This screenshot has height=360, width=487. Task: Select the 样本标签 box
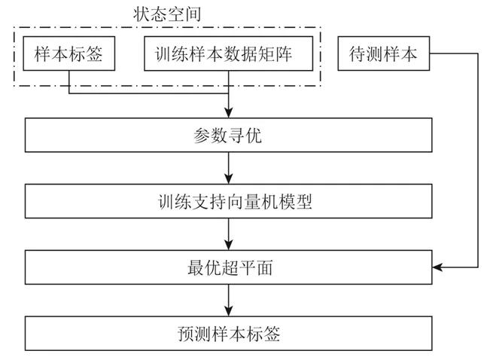(68, 55)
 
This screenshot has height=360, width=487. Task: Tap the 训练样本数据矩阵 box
(227, 55)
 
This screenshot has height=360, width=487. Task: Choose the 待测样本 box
(383, 55)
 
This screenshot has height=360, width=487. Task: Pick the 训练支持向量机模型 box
(228, 203)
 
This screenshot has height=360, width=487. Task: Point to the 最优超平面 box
(228, 267)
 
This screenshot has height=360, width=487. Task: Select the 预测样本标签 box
(228, 332)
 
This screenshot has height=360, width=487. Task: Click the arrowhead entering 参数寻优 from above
(228, 114)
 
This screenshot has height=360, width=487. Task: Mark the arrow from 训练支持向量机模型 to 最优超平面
(228, 235)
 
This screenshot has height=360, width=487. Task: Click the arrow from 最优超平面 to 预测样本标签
(228, 300)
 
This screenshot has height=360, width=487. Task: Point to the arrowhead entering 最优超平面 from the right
(438, 267)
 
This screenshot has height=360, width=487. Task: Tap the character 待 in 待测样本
(358, 55)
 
